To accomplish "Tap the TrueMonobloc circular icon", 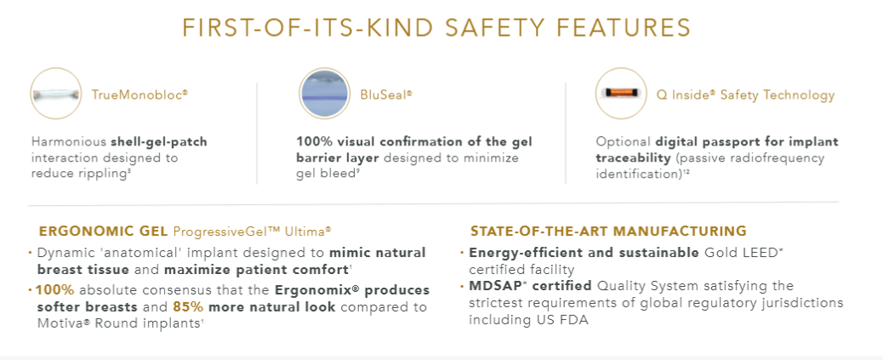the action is click(56, 94).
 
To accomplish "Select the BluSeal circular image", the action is click(324, 94).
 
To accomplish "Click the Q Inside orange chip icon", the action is click(621, 94).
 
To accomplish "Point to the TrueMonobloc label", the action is click(140, 94).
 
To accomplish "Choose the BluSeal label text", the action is click(386, 94).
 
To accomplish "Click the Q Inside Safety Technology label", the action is click(745, 94).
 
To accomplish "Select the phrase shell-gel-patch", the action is click(159, 141).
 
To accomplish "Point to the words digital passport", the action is click(704, 141).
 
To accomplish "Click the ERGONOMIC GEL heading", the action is click(103, 231).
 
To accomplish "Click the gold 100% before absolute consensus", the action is click(54, 290).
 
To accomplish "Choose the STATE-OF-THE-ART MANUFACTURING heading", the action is click(609, 231).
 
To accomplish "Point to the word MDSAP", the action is click(491, 285).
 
